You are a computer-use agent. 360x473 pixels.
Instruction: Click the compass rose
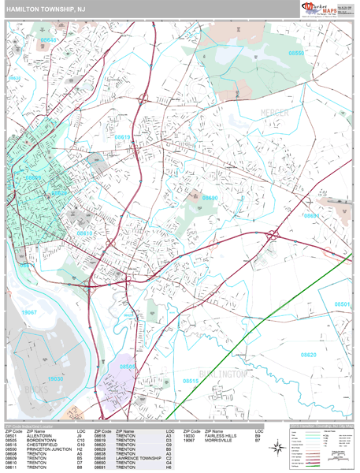[277, 448]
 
